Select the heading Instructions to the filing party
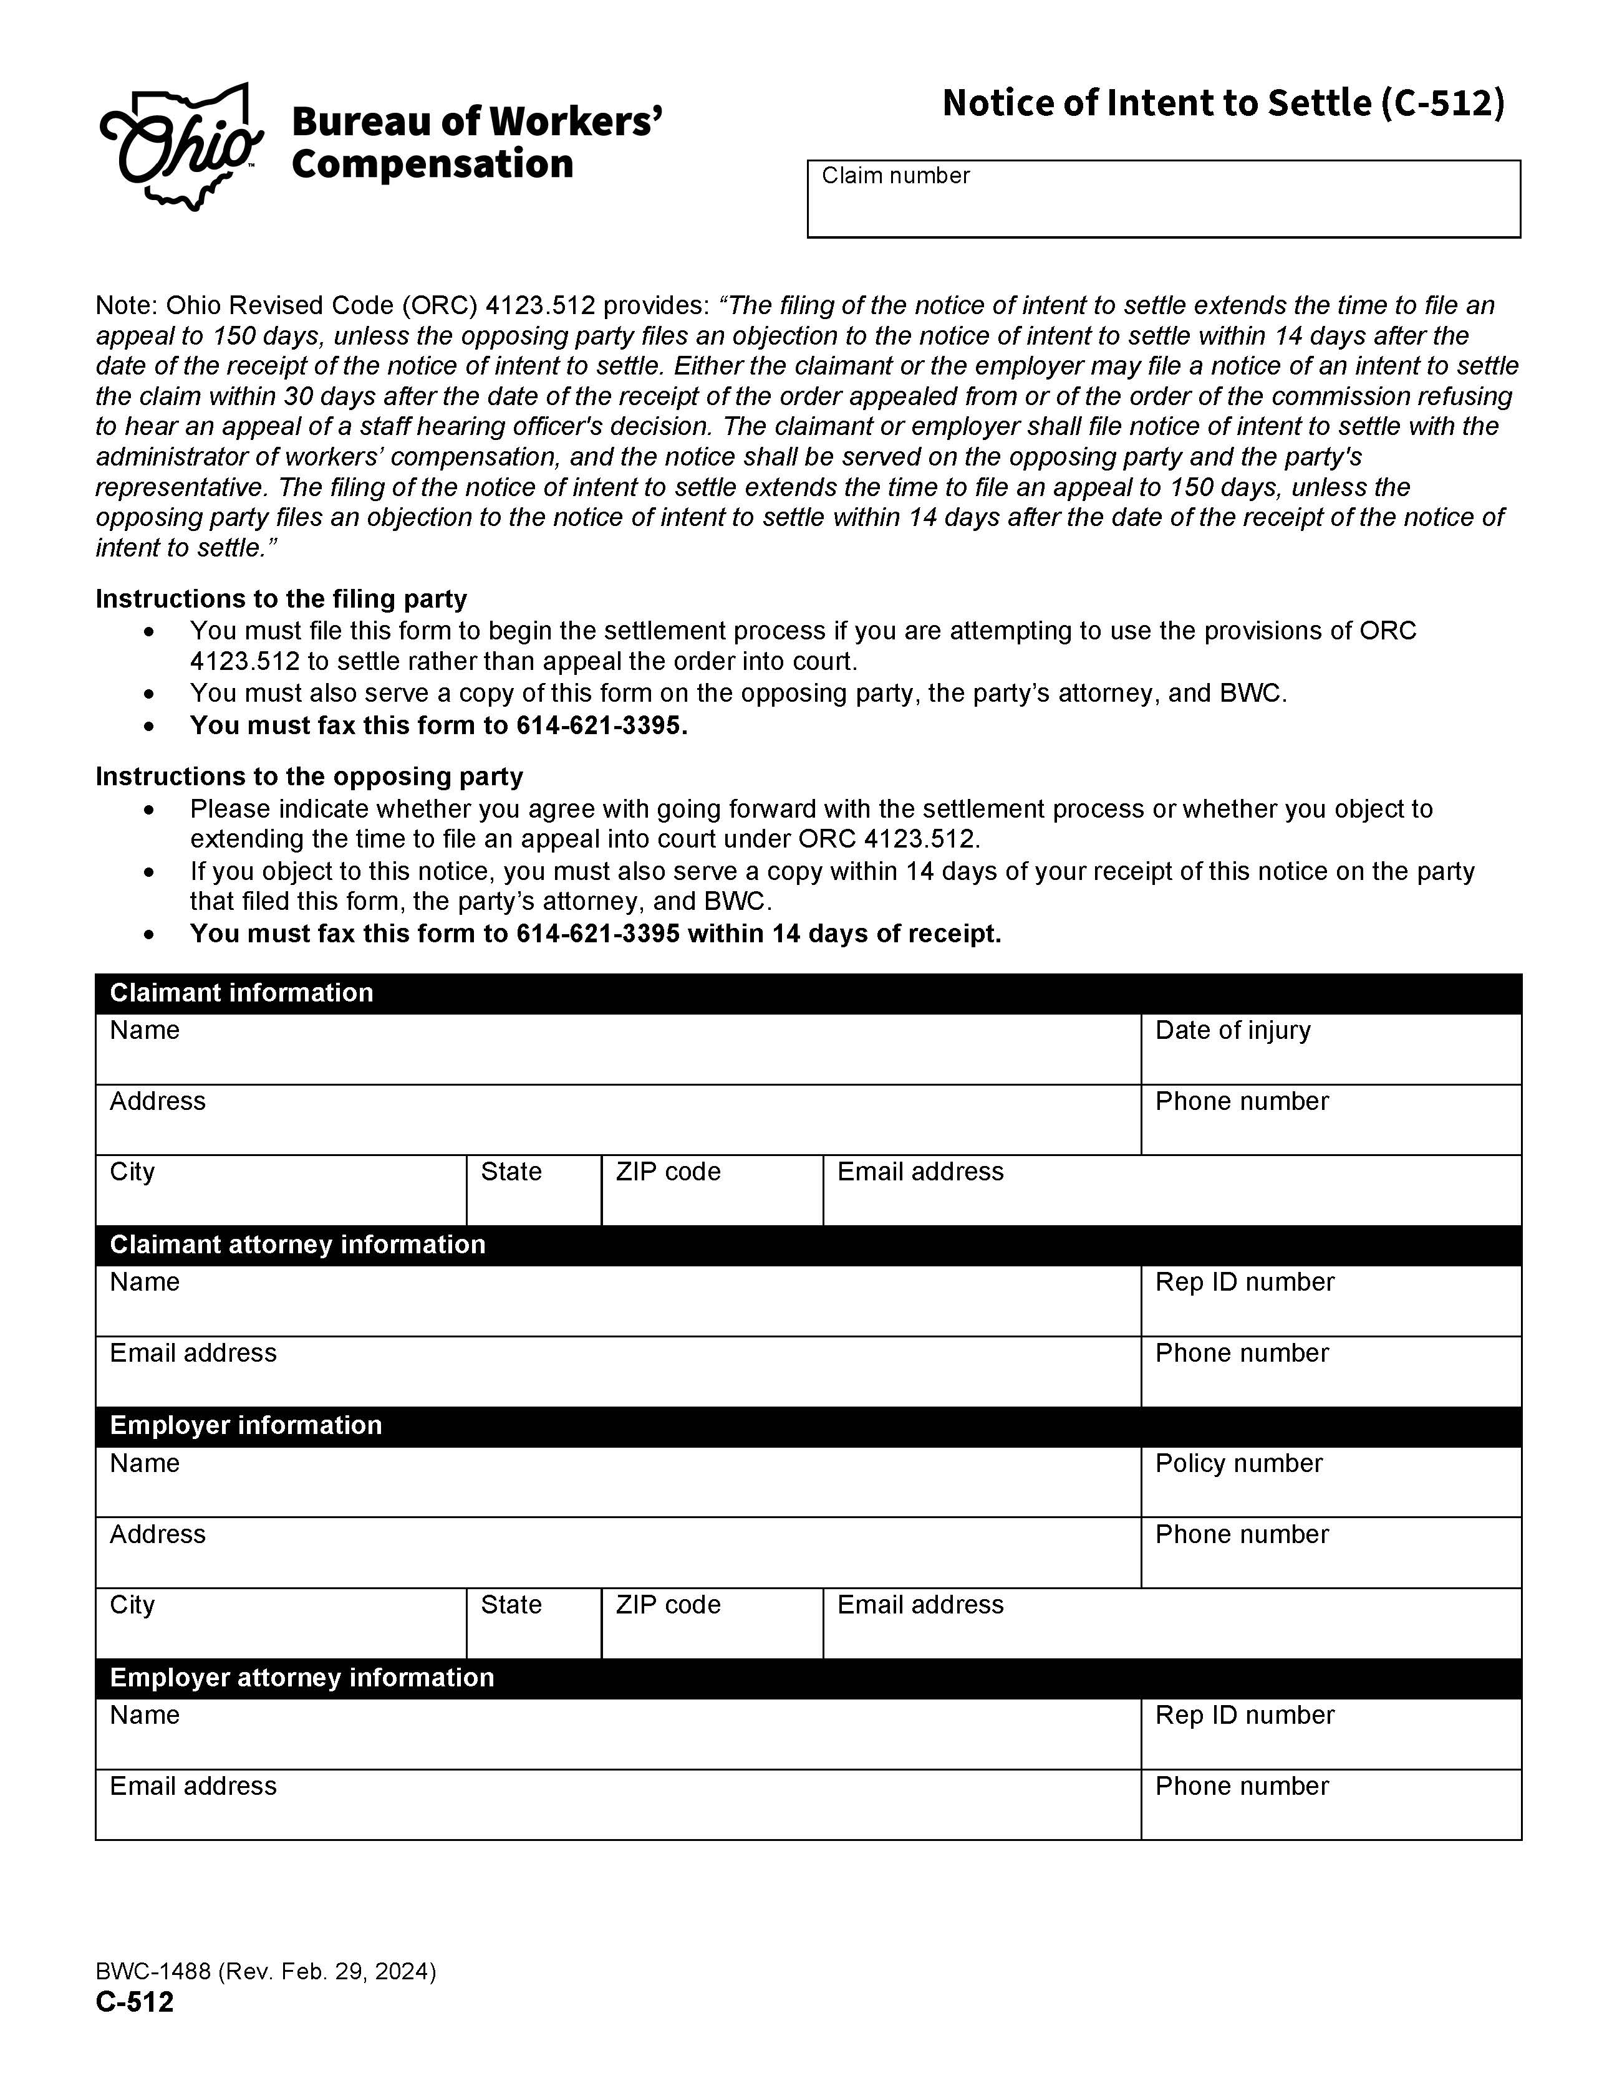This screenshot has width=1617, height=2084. coord(281,600)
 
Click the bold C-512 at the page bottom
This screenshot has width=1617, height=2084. coord(135,2002)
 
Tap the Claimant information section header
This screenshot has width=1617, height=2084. coord(241,993)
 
